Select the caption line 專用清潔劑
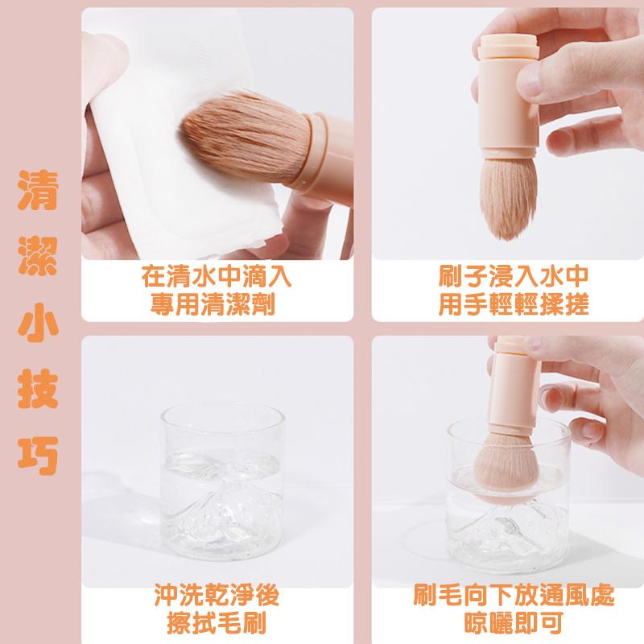(216, 305)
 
